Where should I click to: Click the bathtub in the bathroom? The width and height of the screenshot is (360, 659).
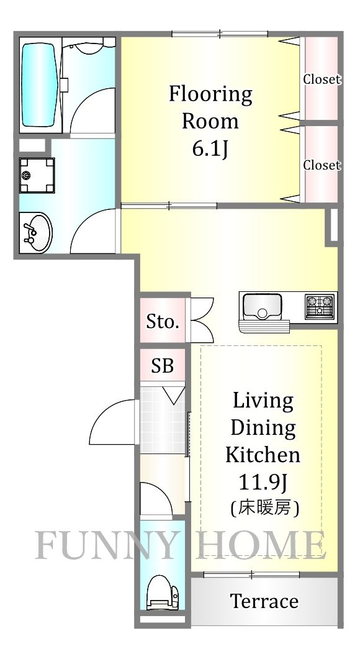(x=38, y=85)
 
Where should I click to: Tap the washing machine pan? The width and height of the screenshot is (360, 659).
(x=37, y=175)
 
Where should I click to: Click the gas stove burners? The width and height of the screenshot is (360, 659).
(x=320, y=305)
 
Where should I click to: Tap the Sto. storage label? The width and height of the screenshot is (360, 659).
(x=163, y=322)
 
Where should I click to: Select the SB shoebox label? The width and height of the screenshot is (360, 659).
(x=163, y=366)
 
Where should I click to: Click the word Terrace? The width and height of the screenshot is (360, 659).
(x=264, y=601)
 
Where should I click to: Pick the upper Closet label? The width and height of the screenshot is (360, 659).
(x=322, y=79)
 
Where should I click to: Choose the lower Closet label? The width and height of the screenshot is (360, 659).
(x=322, y=165)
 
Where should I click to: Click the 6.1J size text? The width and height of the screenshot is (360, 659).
(x=210, y=148)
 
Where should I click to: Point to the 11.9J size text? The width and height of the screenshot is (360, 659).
(x=263, y=482)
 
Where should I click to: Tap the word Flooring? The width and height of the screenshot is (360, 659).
(x=210, y=94)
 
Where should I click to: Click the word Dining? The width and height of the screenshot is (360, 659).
(x=263, y=429)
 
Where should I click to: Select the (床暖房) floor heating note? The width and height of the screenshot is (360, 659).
(x=264, y=509)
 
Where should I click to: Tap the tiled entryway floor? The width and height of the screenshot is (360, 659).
(x=163, y=420)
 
